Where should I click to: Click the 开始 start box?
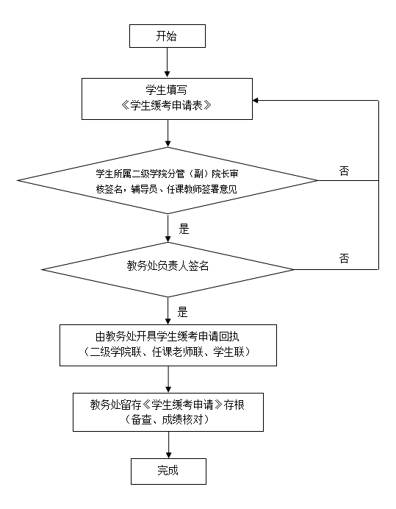168,36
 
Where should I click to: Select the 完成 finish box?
168,471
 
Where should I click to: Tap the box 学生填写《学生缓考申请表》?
167,99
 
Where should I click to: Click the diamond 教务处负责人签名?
168,269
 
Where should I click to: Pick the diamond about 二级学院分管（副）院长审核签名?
168,180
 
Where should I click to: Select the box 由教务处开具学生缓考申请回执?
168,345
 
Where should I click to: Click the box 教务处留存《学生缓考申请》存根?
168,412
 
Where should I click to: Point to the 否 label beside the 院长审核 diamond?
344,171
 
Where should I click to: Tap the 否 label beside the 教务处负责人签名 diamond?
344,258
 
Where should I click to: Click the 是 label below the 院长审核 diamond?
184,229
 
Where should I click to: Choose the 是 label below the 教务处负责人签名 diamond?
183,312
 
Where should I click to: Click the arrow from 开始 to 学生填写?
168,63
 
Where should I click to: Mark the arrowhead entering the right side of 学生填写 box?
255,100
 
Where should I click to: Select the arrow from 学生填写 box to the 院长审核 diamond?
168,133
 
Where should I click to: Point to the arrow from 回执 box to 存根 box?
168,380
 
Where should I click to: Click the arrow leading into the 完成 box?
169,445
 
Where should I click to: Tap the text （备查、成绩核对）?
168,420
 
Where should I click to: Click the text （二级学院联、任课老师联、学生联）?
168,352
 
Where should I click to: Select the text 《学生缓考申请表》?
167,105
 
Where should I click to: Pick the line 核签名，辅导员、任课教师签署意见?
167,189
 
